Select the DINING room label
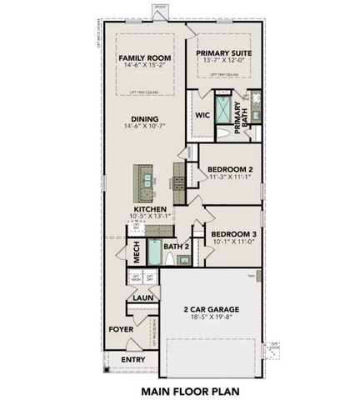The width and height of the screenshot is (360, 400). (x=143, y=118)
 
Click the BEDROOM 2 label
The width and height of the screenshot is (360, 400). (x=229, y=168)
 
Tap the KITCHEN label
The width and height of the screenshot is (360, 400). (x=149, y=209)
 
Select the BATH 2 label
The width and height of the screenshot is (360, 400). (x=177, y=247)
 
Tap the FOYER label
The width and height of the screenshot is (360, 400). (x=121, y=328)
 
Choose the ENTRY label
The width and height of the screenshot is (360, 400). (x=132, y=359)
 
